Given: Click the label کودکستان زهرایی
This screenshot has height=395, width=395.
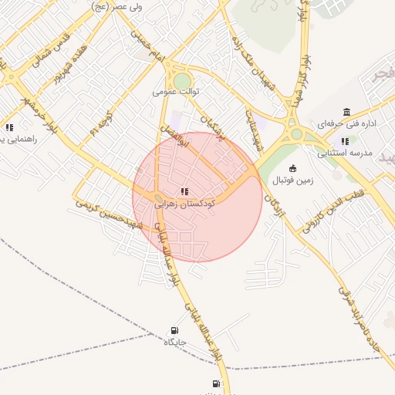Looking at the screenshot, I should (x=184, y=204).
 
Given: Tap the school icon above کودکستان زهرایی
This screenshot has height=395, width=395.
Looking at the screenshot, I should (x=184, y=191).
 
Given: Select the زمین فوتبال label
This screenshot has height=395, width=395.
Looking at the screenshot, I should (x=292, y=181).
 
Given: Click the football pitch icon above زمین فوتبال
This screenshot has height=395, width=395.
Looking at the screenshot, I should (x=292, y=168).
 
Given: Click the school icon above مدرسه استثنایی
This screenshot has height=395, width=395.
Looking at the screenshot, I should (x=345, y=141).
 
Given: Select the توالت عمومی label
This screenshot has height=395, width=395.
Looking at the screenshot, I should (x=176, y=91).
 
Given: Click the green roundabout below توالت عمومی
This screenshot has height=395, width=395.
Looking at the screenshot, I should (x=182, y=81).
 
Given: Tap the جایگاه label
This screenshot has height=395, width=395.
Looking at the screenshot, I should (x=174, y=342).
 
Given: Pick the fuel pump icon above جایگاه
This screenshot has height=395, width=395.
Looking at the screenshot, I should (x=174, y=330).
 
